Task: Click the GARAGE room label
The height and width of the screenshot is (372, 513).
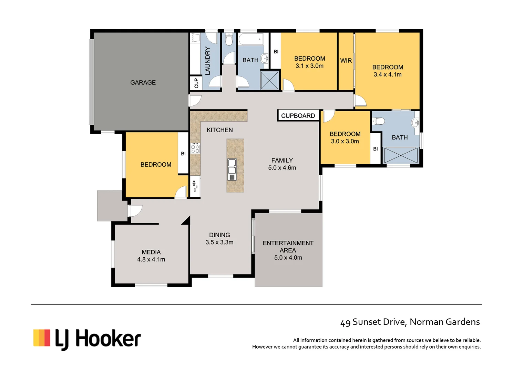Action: (143, 83)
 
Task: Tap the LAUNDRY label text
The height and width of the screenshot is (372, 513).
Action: (207, 61)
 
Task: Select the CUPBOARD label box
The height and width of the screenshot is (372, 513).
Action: (298, 116)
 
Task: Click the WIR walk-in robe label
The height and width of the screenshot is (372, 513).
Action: (346, 61)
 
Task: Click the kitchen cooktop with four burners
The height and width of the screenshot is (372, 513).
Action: (195, 148)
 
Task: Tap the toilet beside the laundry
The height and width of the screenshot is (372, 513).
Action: (229, 39)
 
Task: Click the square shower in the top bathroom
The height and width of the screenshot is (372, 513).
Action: (269, 80)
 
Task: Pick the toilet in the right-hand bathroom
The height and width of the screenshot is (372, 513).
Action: (379, 121)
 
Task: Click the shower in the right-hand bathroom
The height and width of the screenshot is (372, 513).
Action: (401, 155)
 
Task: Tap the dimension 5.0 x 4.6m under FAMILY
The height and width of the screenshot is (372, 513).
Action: (282, 168)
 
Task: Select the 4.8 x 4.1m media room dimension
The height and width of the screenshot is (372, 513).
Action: (151, 260)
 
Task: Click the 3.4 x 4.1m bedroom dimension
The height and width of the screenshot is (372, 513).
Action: (388, 75)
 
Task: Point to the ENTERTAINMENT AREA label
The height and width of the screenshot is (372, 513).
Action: (288, 247)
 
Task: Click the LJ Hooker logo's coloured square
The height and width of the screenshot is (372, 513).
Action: (42, 338)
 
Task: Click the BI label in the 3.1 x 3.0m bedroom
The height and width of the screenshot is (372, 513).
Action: (276, 52)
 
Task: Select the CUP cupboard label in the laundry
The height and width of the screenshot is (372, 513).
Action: (196, 83)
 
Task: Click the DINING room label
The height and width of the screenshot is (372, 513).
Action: (219, 235)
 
